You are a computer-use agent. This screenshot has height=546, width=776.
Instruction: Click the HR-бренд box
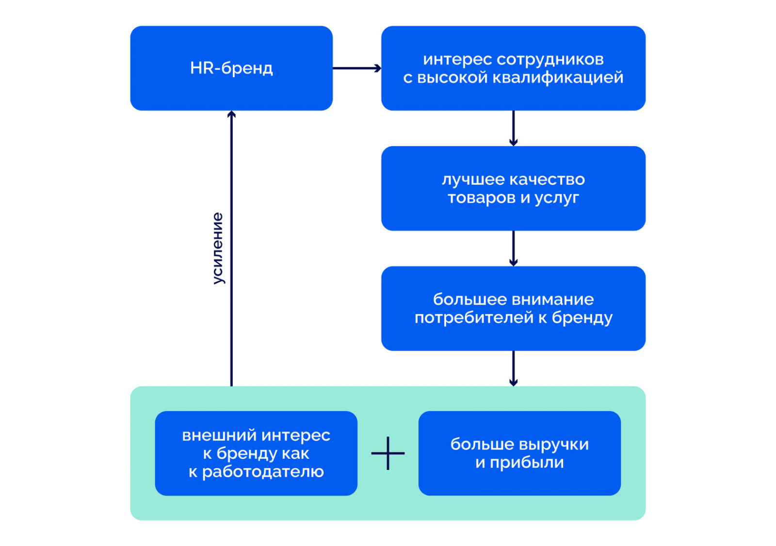(x=231, y=68)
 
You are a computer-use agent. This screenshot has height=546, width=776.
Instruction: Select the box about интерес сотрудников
(x=513, y=68)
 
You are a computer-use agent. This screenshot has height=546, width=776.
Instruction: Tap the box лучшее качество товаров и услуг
(x=513, y=188)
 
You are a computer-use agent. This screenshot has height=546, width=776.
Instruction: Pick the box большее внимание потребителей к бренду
(x=513, y=308)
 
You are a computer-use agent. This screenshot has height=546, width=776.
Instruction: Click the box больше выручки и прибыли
(x=519, y=453)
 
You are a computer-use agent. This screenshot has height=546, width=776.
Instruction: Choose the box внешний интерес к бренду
(x=256, y=453)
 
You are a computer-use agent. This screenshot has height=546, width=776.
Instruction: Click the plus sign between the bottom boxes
(x=388, y=453)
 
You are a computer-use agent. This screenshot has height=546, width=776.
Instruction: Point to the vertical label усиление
(x=218, y=248)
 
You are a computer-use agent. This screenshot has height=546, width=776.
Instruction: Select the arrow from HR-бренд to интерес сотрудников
(x=356, y=68)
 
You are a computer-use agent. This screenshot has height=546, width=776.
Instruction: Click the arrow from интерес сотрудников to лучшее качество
(x=513, y=128)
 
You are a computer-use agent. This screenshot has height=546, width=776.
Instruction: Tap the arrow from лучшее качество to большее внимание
(x=513, y=248)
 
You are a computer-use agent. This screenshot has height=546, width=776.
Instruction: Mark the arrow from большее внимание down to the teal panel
(x=513, y=369)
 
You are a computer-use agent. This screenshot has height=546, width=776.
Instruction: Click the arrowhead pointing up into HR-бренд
(x=231, y=114)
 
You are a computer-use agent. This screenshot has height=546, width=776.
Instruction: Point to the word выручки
(x=552, y=445)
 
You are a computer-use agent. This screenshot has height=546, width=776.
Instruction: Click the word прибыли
(x=527, y=463)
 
